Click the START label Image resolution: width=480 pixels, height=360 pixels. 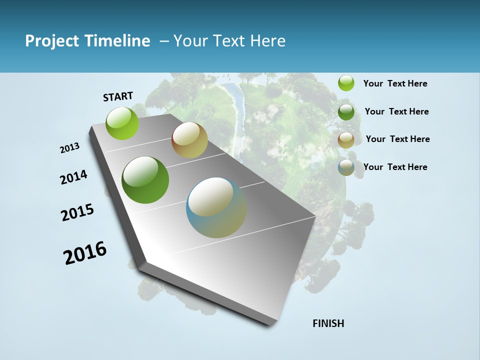(118, 96)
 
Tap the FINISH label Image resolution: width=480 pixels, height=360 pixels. (328, 323)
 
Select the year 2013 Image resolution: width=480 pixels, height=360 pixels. (70, 148)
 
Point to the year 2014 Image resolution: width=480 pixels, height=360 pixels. (74, 177)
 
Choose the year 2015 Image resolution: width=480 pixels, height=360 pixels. (77, 212)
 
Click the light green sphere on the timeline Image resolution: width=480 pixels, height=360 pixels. (122, 123)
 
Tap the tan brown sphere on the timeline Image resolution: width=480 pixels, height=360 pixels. (189, 140)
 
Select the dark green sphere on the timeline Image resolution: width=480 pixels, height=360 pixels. (145, 180)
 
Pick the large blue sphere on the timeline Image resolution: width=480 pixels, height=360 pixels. (216, 207)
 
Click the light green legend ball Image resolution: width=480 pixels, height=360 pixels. (346, 83)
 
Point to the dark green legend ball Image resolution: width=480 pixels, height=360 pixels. (346, 111)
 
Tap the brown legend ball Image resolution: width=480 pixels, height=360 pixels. (346, 140)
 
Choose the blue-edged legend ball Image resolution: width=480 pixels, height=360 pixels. (346, 168)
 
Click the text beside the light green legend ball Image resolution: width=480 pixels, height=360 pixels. (395, 83)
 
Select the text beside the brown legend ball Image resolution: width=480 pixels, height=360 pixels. (397, 139)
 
